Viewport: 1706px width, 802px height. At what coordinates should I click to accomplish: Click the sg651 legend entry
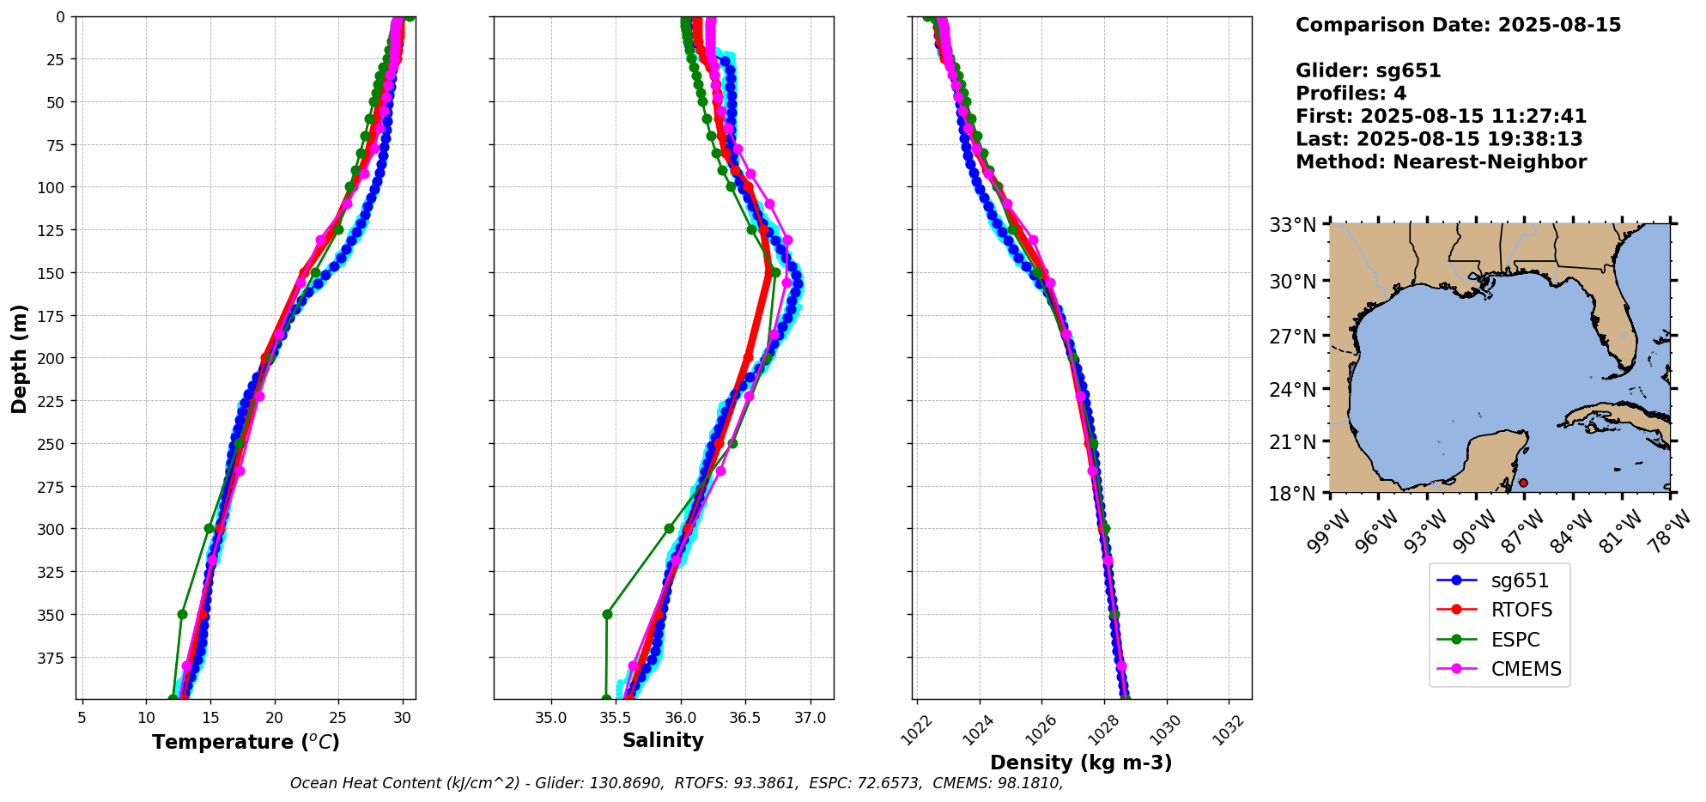click(x=1519, y=580)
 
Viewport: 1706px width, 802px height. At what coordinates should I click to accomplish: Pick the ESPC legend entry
click(x=1515, y=640)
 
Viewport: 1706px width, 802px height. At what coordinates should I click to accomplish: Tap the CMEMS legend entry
click(x=1526, y=669)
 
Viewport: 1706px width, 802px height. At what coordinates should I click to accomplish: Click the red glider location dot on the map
click(x=1523, y=483)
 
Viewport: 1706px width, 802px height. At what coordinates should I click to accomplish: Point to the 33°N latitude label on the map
click(x=1293, y=226)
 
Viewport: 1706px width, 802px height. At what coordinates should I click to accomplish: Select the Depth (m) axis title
click(x=20, y=358)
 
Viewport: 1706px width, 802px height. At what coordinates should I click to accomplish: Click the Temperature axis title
click(x=246, y=742)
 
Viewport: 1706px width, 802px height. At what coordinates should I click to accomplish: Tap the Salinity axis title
click(x=663, y=740)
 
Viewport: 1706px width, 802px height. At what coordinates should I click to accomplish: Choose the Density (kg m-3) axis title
click(x=1081, y=763)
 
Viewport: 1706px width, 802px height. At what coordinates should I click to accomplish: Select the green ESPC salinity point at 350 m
click(x=607, y=614)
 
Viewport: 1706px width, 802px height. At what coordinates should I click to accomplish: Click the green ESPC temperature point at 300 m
click(x=209, y=528)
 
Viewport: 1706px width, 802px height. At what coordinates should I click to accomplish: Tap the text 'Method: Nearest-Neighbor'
click(x=1441, y=161)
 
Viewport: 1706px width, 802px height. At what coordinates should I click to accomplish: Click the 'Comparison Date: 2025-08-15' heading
click(x=1458, y=25)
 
